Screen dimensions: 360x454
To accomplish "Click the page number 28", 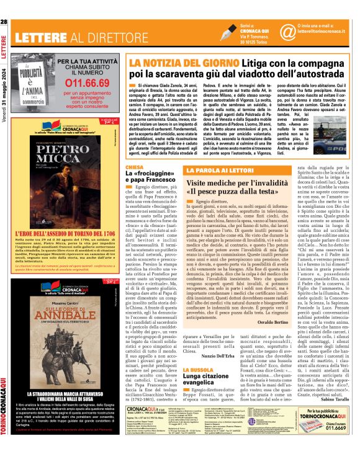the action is click(x=4, y=6).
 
